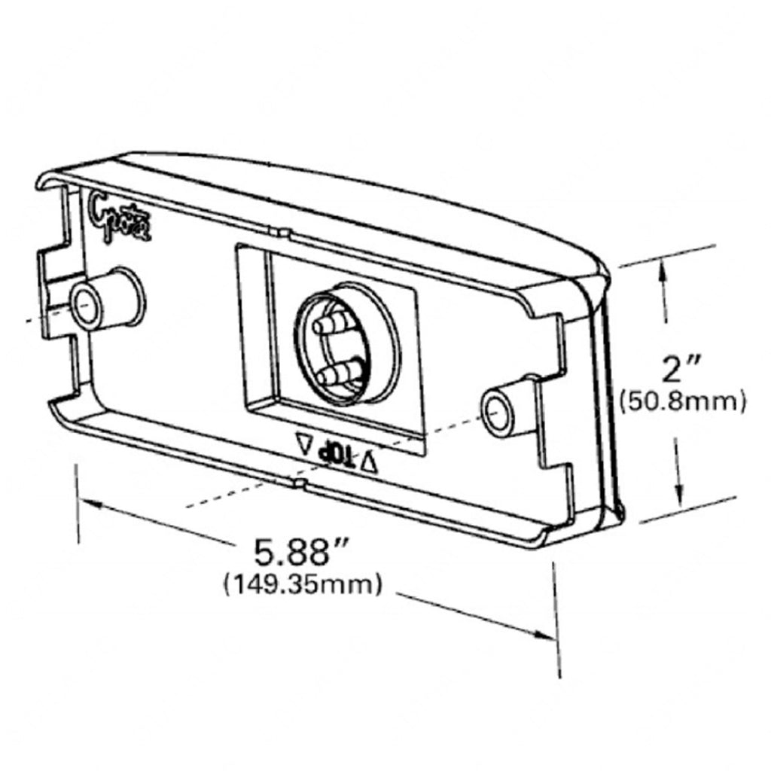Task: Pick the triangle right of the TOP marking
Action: coord(368,463)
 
